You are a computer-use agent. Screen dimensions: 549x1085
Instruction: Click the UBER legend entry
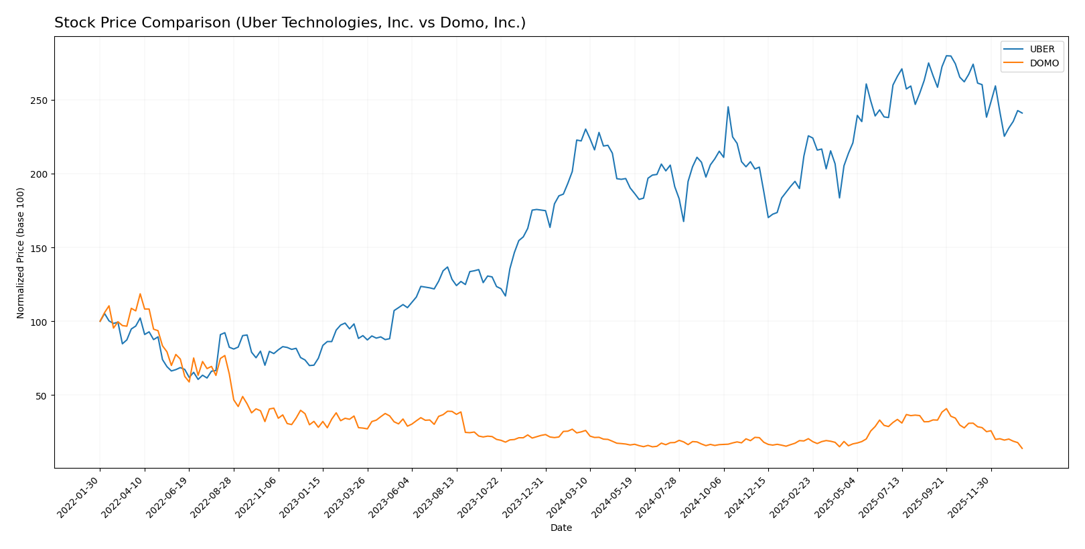(x=1041, y=50)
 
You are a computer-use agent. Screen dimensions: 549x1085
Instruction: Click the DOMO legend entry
(x=1043, y=64)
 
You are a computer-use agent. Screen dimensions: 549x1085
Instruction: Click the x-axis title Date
(x=561, y=528)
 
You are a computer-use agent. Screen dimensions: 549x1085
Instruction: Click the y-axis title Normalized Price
(x=21, y=253)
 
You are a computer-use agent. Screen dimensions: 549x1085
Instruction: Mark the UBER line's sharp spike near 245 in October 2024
(x=728, y=107)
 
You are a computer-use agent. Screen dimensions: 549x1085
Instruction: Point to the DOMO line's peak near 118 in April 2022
(x=140, y=294)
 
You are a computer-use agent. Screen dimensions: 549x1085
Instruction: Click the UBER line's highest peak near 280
(x=947, y=56)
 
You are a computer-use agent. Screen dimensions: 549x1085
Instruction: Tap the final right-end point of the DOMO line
(x=1022, y=448)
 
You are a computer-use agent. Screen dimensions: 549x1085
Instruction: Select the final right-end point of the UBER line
(x=1022, y=113)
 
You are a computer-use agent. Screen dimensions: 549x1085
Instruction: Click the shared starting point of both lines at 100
(x=100, y=321)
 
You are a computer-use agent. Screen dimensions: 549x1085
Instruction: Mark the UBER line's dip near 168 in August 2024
(x=683, y=221)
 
